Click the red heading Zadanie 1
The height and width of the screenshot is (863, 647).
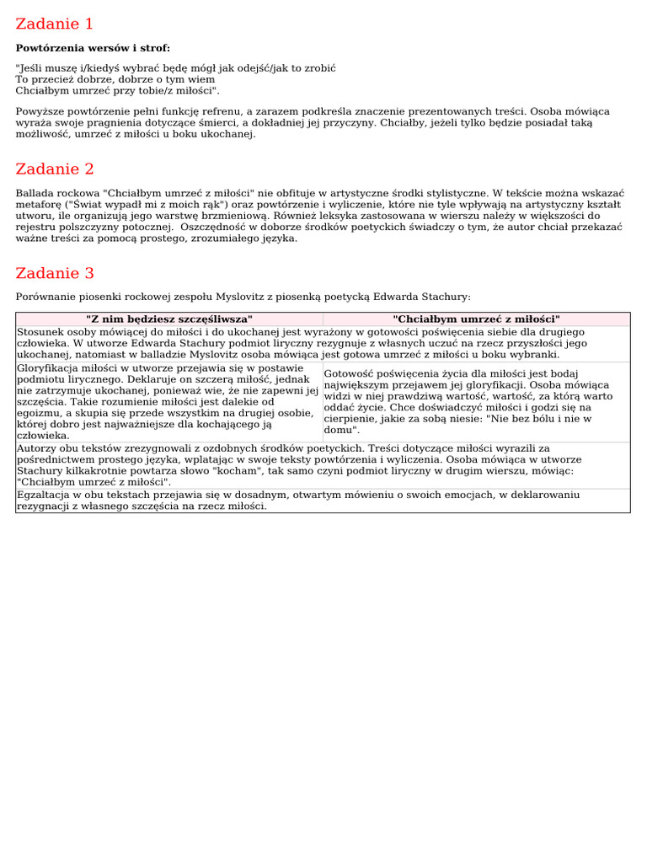tap(55, 24)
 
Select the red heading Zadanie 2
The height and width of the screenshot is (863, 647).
tap(55, 169)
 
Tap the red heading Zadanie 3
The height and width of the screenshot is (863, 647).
tap(55, 273)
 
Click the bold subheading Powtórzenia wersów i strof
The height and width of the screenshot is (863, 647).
tap(93, 48)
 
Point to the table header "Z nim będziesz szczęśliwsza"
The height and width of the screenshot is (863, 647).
tap(168, 319)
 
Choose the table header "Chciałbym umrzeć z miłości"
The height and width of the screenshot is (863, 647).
tap(476, 319)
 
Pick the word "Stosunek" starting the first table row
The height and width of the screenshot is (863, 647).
tap(40, 332)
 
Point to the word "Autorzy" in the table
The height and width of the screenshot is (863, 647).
tap(37, 449)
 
